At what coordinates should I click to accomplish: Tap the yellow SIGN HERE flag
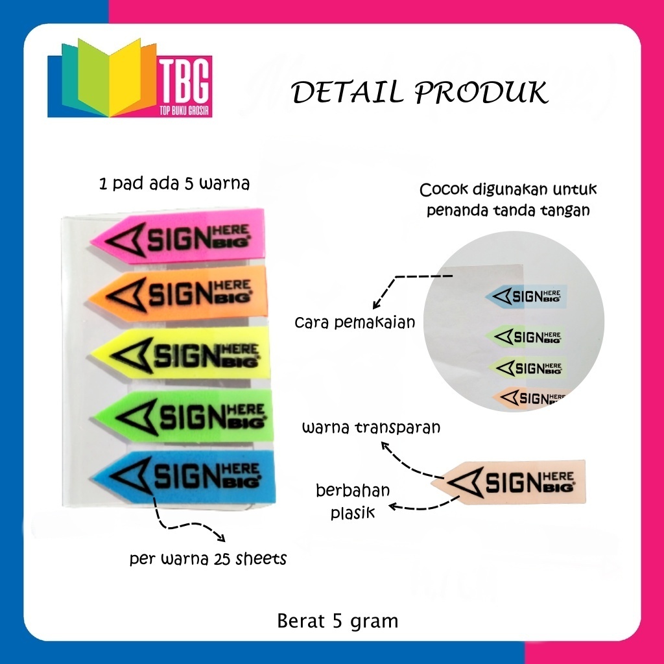182,354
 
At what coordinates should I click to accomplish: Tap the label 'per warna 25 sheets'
207,559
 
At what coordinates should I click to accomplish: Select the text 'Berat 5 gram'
337,621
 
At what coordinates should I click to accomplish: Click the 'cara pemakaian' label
354,322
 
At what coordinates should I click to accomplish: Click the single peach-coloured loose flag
509,481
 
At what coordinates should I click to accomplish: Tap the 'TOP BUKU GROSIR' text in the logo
182,110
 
